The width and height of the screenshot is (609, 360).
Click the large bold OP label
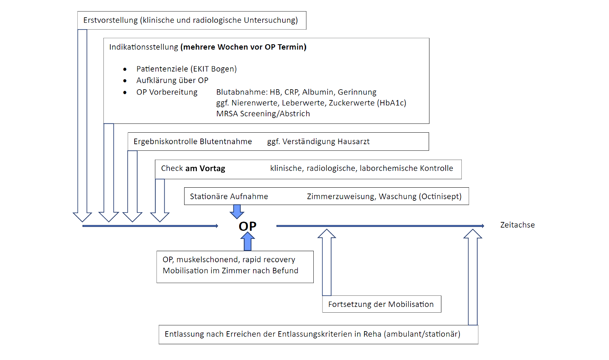(247, 226)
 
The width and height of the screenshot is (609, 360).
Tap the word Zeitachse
(517, 225)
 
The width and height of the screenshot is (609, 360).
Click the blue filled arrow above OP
(237, 212)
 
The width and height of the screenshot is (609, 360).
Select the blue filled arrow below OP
(248, 241)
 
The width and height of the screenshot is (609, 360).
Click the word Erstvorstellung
(110, 20)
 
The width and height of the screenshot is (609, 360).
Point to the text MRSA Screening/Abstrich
(263, 114)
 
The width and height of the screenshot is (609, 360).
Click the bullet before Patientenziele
(125, 69)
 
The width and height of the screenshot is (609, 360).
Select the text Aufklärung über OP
(172, 80)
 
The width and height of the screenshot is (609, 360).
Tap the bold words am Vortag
(205, 168)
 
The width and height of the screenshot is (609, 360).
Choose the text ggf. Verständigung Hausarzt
(318, 142)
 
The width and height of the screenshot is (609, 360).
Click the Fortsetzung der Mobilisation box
(381, 304)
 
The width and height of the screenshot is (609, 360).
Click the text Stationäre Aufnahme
(229, 197)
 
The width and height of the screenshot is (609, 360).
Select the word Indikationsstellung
(143, 47)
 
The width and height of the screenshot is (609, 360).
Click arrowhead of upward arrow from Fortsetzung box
(327, 234)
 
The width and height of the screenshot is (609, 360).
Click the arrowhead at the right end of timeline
(483, 226)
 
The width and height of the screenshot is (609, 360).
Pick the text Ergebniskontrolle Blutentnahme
(193, 142)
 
